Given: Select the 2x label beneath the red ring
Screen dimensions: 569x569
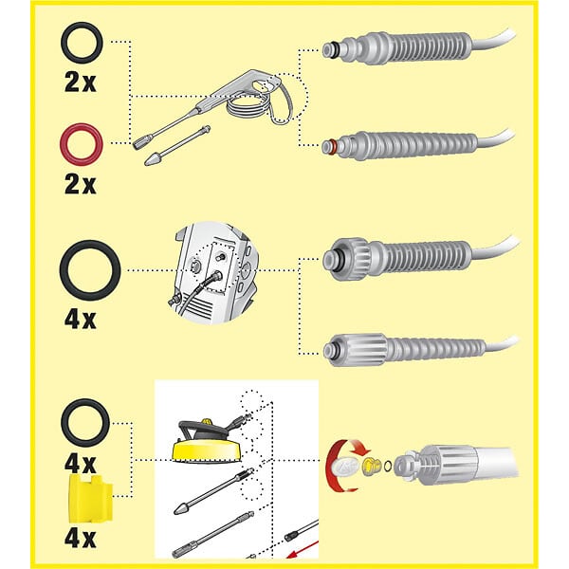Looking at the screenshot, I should [81, 183].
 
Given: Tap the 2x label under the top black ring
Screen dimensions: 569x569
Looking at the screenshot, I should [81, 83].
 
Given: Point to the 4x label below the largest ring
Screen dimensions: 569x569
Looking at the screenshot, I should [81, 319].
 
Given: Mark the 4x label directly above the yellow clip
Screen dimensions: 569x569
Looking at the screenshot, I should [81, 465].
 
